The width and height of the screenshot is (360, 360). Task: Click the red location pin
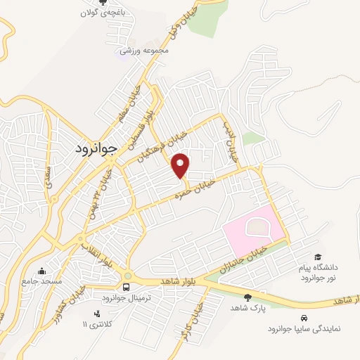181,165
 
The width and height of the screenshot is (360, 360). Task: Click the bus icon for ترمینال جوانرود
126,287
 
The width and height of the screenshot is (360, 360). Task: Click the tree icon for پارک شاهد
247,297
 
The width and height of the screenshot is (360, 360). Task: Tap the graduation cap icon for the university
317,257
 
